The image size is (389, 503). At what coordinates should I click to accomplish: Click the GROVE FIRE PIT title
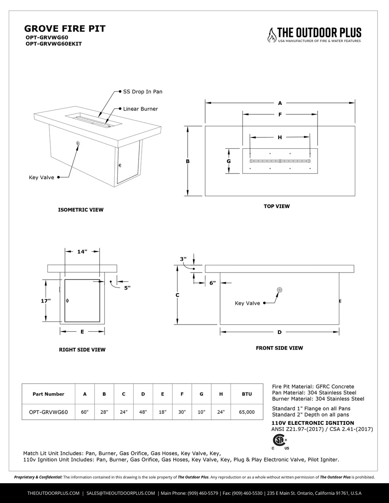pos(65,28)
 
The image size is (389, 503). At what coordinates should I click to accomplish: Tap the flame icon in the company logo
pos(272,35)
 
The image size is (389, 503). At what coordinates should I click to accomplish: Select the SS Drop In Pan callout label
pos(142,91)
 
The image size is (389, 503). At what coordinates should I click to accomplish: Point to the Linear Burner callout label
pos(140,109)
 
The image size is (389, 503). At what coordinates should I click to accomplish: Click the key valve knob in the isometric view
pos(78,143)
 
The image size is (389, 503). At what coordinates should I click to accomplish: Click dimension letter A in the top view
pos(280,103)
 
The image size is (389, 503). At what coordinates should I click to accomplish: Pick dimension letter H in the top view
pos(280,137)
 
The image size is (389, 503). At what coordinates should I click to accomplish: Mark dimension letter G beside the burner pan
pos(229,161)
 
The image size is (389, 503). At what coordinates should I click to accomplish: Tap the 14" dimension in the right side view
pos(82,251)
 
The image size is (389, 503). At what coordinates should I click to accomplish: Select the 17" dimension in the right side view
pos(46,301)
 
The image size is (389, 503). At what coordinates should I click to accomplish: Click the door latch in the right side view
pos(68,301)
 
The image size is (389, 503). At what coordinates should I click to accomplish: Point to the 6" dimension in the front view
pos(212,283)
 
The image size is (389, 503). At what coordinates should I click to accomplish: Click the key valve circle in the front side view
pos(280,290)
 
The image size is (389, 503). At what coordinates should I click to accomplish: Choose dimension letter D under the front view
pos(280,332)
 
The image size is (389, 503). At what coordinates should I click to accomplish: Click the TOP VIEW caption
pos(277,206)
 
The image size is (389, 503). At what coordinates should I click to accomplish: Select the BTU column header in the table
pos(247,394)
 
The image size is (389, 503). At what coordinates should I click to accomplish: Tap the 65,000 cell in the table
pos(247,412)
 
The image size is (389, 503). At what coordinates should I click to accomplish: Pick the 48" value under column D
pos(143,412)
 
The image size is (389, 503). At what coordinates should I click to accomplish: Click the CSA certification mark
pos(280,441)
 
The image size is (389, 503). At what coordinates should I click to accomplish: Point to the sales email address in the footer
pos(121,493)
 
